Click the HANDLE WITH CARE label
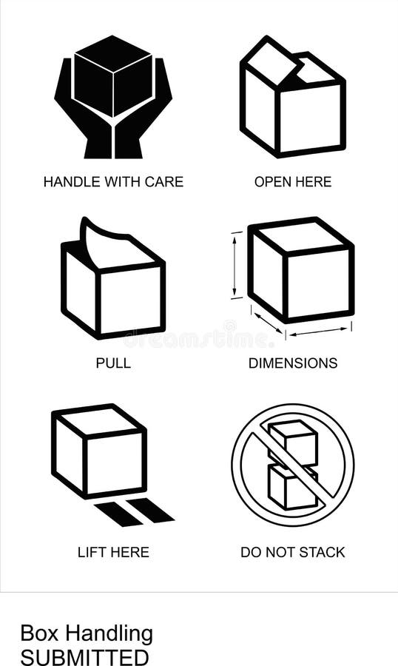113,181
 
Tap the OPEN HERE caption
293,181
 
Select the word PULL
113,363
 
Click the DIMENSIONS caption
293,363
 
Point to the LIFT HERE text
113,552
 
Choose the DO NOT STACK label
293,552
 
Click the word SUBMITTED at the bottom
84,657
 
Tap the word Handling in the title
109,633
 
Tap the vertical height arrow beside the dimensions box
236,265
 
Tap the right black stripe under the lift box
151,510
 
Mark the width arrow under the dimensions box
318,331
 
